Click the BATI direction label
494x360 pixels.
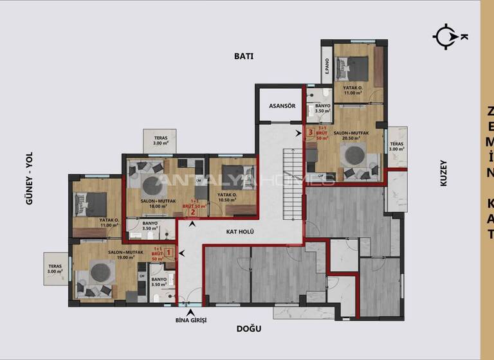(x=244, y=56)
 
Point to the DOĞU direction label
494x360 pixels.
(x=249, y=328)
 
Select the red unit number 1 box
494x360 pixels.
(x=169, y=252)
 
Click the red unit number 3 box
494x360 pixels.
(x=311, y=133)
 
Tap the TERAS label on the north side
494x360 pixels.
(x=397, y=147)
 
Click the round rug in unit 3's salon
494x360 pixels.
(x=352, y=154)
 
